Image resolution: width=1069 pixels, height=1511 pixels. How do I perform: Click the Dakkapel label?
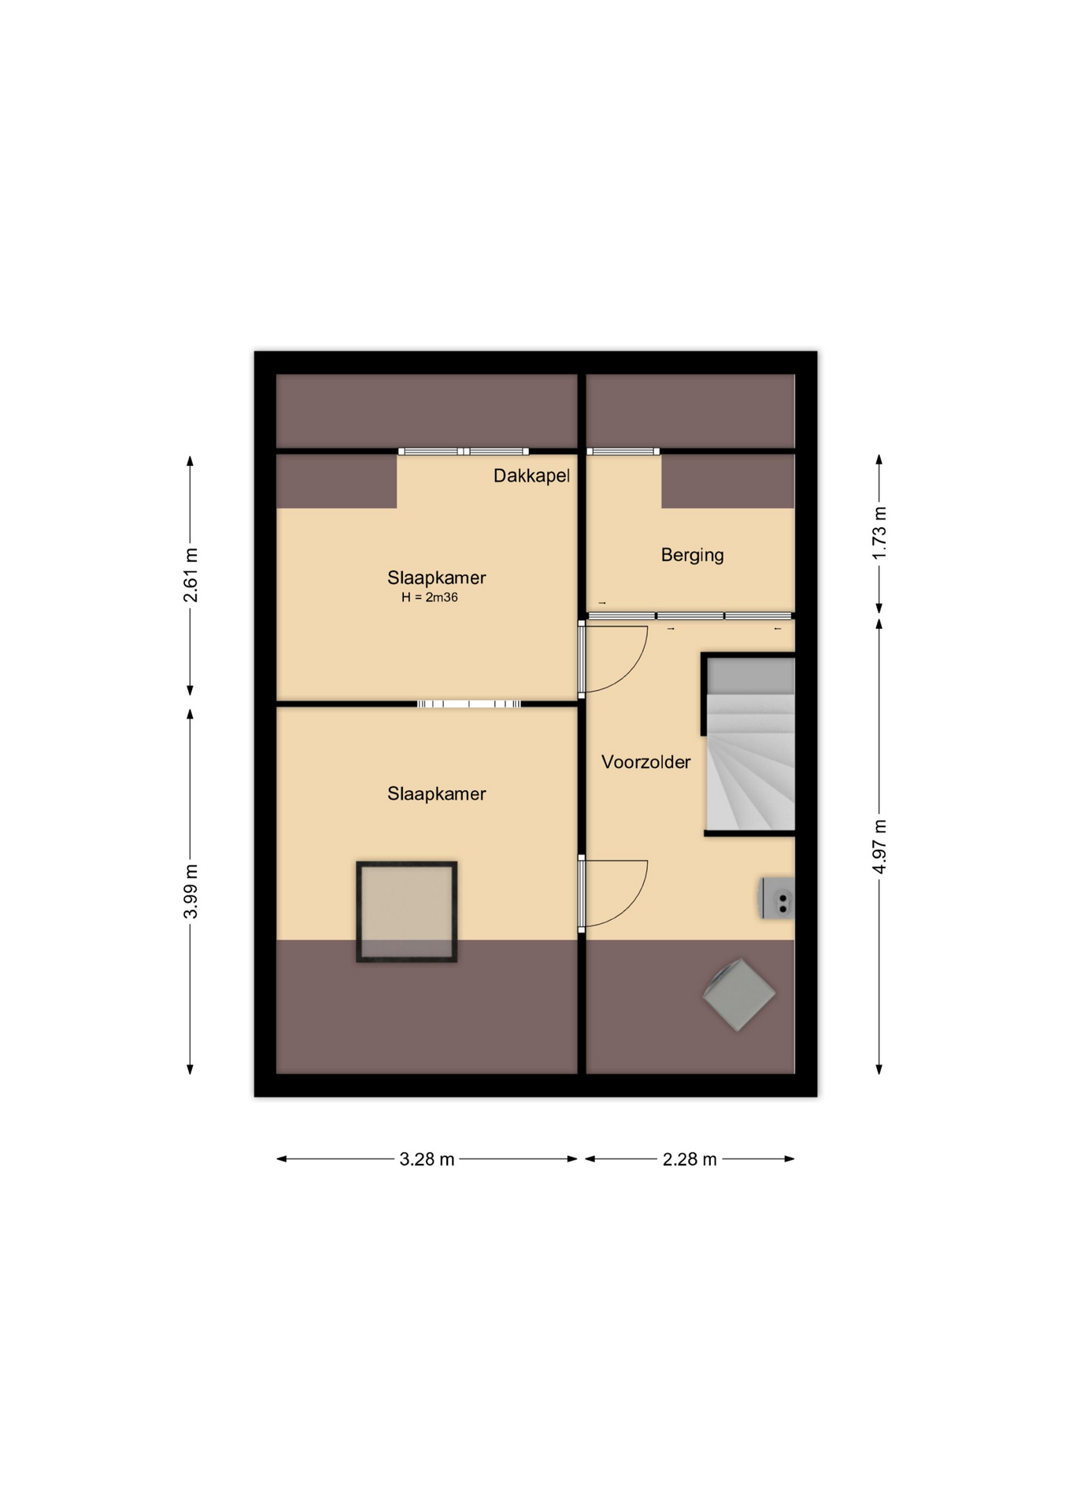pyautogui.click(x=531, y=476)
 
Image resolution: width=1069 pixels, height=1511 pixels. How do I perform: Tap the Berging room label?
pyautogui.click(x=692, y=556)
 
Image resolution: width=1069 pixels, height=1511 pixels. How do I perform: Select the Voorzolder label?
pyautogui.click(x=645, y=762)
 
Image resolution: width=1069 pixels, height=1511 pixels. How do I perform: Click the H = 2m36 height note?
pyautogui.click(x=430, y=597)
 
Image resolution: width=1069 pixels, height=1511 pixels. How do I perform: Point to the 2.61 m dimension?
pyautogui.click(x=190, y=575)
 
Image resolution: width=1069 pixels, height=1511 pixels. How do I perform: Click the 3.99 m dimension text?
pyautogui.click(x=190, y=891)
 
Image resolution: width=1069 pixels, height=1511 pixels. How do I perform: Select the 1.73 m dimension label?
pyautogui.click(x=879, y=534)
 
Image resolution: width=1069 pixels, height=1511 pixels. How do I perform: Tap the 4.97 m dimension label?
pyautogui.click(x=879, y=847)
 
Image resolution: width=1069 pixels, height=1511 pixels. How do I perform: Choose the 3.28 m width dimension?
pyautogui.click(x=427, y=1159)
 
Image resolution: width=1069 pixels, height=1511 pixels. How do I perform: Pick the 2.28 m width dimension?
pyautogui.click(x=690, y=1159)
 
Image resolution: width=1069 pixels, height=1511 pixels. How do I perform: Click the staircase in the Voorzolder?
pyautogui.click(x=749, y=744)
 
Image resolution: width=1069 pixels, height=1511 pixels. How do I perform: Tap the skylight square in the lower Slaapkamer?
pyautogui.click(x=407, y=911)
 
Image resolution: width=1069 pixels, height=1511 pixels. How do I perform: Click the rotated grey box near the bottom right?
pyautogui.click(x=739, y=995)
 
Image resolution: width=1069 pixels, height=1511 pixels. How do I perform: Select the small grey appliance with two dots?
pyautogui.click(x=777, y=898)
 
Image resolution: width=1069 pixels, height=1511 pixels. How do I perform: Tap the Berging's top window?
pyautogui.click(x=623, y=452)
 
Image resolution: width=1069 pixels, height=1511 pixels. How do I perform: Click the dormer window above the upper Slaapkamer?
pyautogui.click(x=463, y=452)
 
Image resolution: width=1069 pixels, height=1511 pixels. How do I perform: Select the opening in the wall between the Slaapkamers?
pyautogui.click(x=469, y=704)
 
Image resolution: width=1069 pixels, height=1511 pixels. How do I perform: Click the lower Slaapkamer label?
pyautogui.click(x=436, y=794)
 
